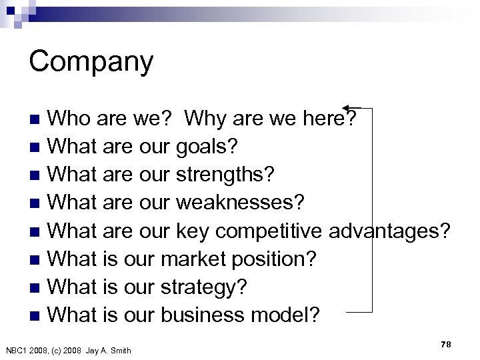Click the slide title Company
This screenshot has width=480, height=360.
pyautogui.click(x=91, y=62)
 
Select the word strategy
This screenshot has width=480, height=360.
pyautogui.click(x=204, y=289)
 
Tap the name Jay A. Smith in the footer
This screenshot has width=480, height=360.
pyautogui.click(x=110, y=351)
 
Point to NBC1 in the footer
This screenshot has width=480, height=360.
pyautogui.click(x=17, y=351)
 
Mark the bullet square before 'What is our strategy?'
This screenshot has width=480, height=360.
pyautogui.click(x=41, y=289)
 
